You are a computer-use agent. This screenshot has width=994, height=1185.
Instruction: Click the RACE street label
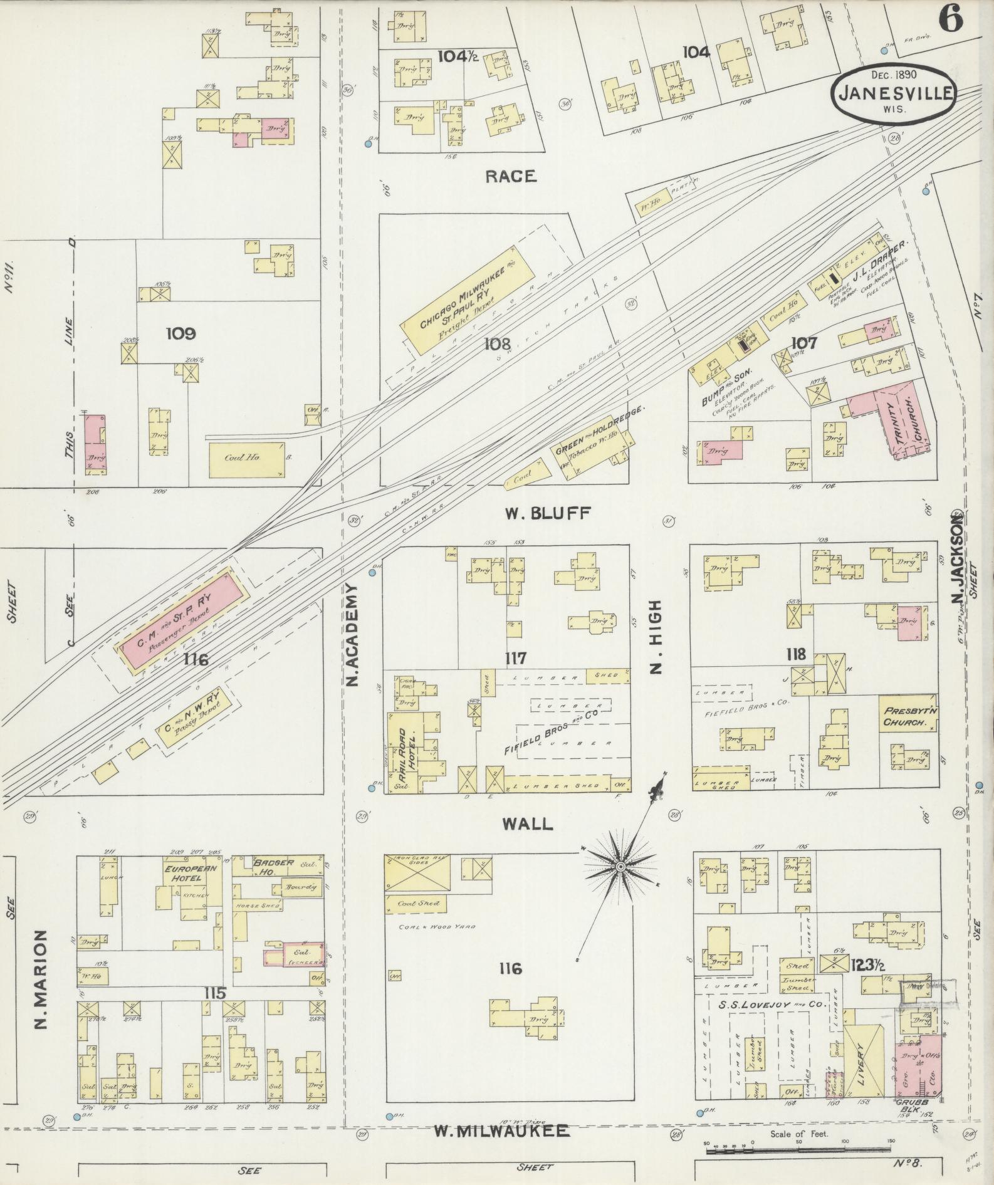coord(511,177)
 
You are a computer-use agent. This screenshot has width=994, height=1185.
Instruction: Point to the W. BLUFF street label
coord(548,514)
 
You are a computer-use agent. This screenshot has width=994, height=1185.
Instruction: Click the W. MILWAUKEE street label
coord(502,1131)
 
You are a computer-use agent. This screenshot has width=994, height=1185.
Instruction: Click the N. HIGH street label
coord(655,637)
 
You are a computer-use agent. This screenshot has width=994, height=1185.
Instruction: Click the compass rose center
coord(620,866)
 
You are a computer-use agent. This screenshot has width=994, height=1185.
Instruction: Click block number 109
coord(180,333)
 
